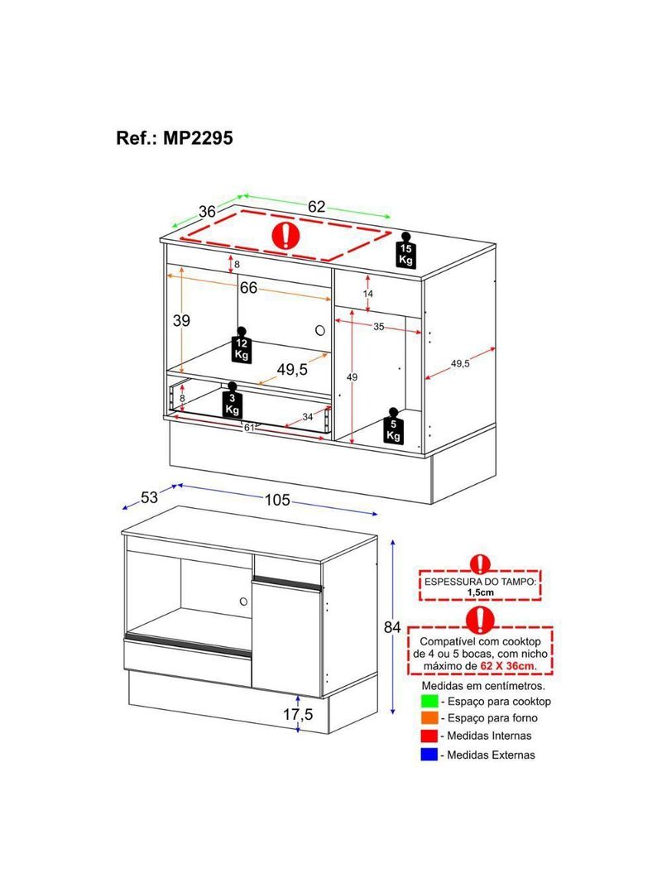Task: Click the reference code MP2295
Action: tap(198, 138)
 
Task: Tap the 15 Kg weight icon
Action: tap(405, 251)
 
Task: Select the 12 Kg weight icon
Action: tap(242, 344)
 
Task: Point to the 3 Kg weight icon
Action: tap(232, 400)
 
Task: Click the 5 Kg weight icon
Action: tap(393, 426)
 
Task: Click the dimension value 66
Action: tap(248, 288)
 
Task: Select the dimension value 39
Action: tap(181, 321)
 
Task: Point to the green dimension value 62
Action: tap(316, 207)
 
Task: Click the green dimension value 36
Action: tap(207, 212)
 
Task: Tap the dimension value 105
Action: tap(277, 500)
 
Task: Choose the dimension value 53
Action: tap(149, 497)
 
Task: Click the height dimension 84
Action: tap(392, 627)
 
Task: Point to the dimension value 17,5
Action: tap(298, 714)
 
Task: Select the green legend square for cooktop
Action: tap(429, 702)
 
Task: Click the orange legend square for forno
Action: tap(429, 718)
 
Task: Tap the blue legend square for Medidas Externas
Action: tap(429, 755)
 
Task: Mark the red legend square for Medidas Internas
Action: tap(429, 736)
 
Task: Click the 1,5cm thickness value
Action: tap(480, 592)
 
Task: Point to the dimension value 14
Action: tap(368, 294)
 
